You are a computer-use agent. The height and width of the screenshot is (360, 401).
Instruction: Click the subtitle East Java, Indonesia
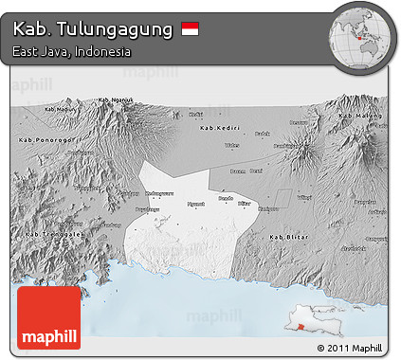[x=72, y=51]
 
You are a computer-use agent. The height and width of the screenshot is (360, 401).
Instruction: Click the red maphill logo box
[x=48, y=318]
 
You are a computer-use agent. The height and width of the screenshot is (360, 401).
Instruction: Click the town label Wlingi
[x=304, y=197]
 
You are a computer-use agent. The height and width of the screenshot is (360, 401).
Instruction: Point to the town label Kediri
[x=196, y=115]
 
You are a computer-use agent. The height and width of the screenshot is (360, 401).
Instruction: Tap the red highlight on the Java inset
[x=301, y=327]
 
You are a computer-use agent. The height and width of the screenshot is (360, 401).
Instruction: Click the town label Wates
[x=231, y=146]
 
